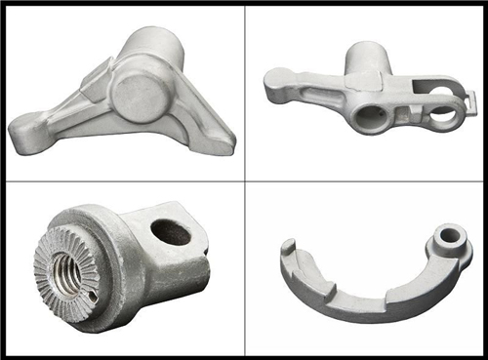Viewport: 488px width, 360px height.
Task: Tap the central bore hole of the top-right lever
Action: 369,117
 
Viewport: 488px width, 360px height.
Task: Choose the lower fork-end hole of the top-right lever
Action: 441,119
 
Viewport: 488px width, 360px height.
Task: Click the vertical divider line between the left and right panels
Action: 244,180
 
